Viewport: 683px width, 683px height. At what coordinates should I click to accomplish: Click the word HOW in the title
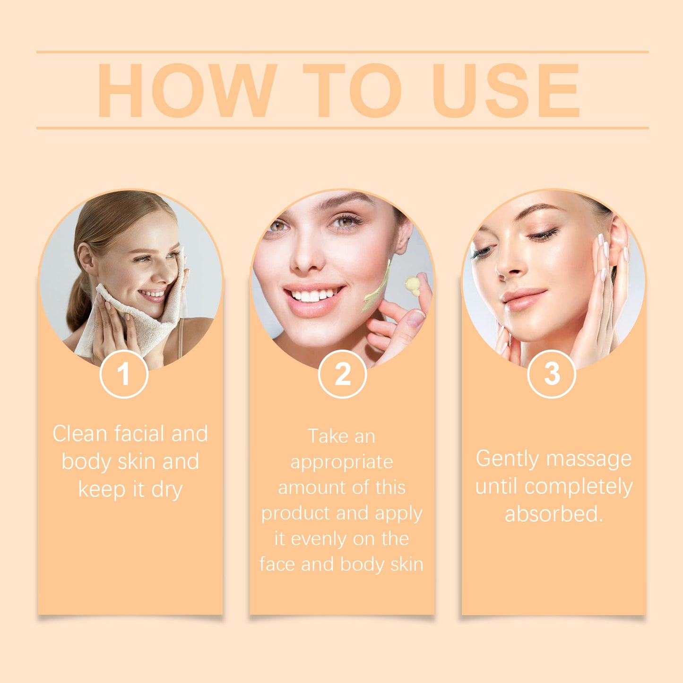click(x=187, y=90)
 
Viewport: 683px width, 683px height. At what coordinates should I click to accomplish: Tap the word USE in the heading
click(x=506, y=90)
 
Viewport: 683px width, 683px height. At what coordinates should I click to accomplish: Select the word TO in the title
click(x=352, y=90)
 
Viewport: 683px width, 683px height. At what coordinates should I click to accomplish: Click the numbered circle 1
click(x=124, y=374)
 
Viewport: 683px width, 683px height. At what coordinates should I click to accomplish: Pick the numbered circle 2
click(x=343, y=374)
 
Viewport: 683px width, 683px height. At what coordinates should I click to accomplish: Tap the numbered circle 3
click(x=552, y=374)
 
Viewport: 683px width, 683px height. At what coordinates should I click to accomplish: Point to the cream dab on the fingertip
click(x=412, y=285)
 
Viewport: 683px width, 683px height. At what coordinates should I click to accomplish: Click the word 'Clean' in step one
click(x=79, y=434)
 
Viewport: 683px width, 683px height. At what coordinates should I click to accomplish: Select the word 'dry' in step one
click(x=167, y=490)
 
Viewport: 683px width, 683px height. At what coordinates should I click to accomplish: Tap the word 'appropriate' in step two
click(x=342, y=462)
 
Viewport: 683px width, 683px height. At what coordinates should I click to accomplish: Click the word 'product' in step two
click(x=289, y=513)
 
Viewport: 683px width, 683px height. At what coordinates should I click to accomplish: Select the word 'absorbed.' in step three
click(x=554, y=514)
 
